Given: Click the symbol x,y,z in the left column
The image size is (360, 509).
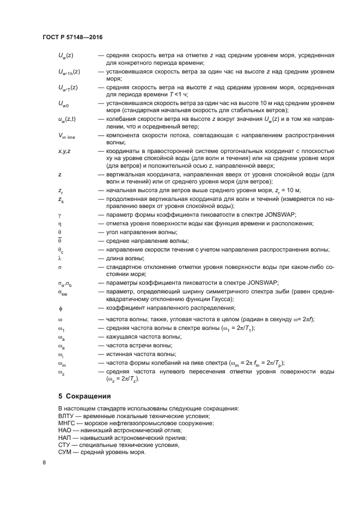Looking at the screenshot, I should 64,151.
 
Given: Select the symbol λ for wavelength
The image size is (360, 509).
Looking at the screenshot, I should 59,258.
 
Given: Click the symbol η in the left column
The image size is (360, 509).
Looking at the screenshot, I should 59,224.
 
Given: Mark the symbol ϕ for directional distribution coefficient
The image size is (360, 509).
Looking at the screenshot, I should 60,309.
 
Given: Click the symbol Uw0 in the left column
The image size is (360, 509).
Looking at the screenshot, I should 64,103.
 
